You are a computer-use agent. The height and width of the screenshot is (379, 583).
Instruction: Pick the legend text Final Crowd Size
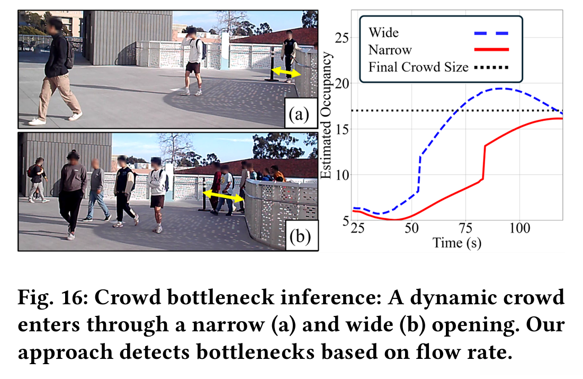pyautogui.click(x=418, y=67)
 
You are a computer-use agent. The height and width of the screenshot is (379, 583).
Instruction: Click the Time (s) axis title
pyautogui.click(x=456, y=243)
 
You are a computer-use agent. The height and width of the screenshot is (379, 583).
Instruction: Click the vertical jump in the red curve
pyautogui.click(x=484, y=162)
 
